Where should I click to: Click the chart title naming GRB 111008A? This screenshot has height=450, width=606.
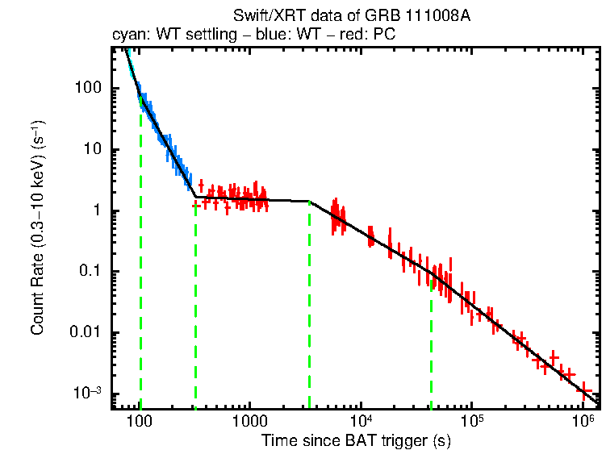(x=351, y=16)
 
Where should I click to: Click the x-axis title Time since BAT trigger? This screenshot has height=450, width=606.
(x=355, y=440)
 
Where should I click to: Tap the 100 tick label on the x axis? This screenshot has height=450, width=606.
(x=140, y=423)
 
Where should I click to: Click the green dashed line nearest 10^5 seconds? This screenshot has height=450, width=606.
(x=431, y=347)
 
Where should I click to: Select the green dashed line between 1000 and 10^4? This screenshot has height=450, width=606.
(x=309, y=306)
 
